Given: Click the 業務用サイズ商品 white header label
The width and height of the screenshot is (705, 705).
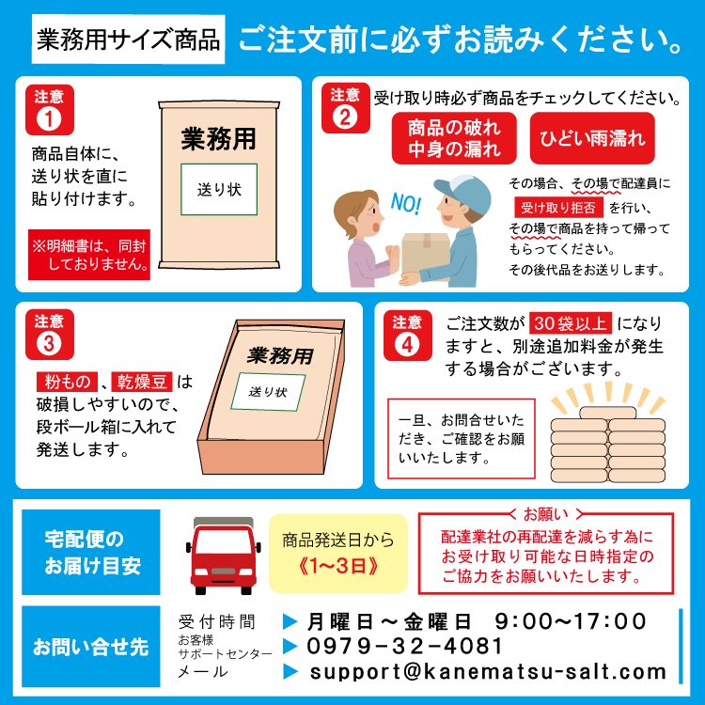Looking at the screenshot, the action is click(128, 39).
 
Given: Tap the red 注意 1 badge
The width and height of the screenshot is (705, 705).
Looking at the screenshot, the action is click(50, 110).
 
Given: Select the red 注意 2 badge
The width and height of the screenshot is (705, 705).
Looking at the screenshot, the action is click(345, 108).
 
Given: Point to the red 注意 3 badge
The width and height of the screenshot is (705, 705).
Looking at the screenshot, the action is click(50, 334).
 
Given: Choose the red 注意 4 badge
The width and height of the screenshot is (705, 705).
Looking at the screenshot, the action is click(407, 335).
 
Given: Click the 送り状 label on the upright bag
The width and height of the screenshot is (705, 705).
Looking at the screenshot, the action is click(219, 189).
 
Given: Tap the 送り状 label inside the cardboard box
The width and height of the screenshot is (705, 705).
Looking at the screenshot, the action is click(268, 392).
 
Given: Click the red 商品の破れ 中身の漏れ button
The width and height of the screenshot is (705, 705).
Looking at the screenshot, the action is click(454, 138).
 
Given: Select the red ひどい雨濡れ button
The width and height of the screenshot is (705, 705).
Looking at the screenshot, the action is click(592, 138).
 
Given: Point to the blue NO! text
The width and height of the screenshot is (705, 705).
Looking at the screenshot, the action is click(405, 204).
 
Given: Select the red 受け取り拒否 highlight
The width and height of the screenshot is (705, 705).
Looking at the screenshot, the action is click(558, 208).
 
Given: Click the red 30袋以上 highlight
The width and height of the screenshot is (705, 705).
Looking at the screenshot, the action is click(571, 322).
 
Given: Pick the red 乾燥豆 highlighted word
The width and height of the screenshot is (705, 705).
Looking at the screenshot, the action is click(142, 382).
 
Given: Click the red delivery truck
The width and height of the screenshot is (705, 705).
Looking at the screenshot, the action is click(224, 556).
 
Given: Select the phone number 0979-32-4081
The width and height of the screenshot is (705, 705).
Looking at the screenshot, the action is click(404, 646).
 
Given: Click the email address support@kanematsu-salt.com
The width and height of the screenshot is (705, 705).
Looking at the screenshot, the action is click(488, 672).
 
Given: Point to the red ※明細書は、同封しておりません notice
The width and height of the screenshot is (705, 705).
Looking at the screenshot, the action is click(89, 255).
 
